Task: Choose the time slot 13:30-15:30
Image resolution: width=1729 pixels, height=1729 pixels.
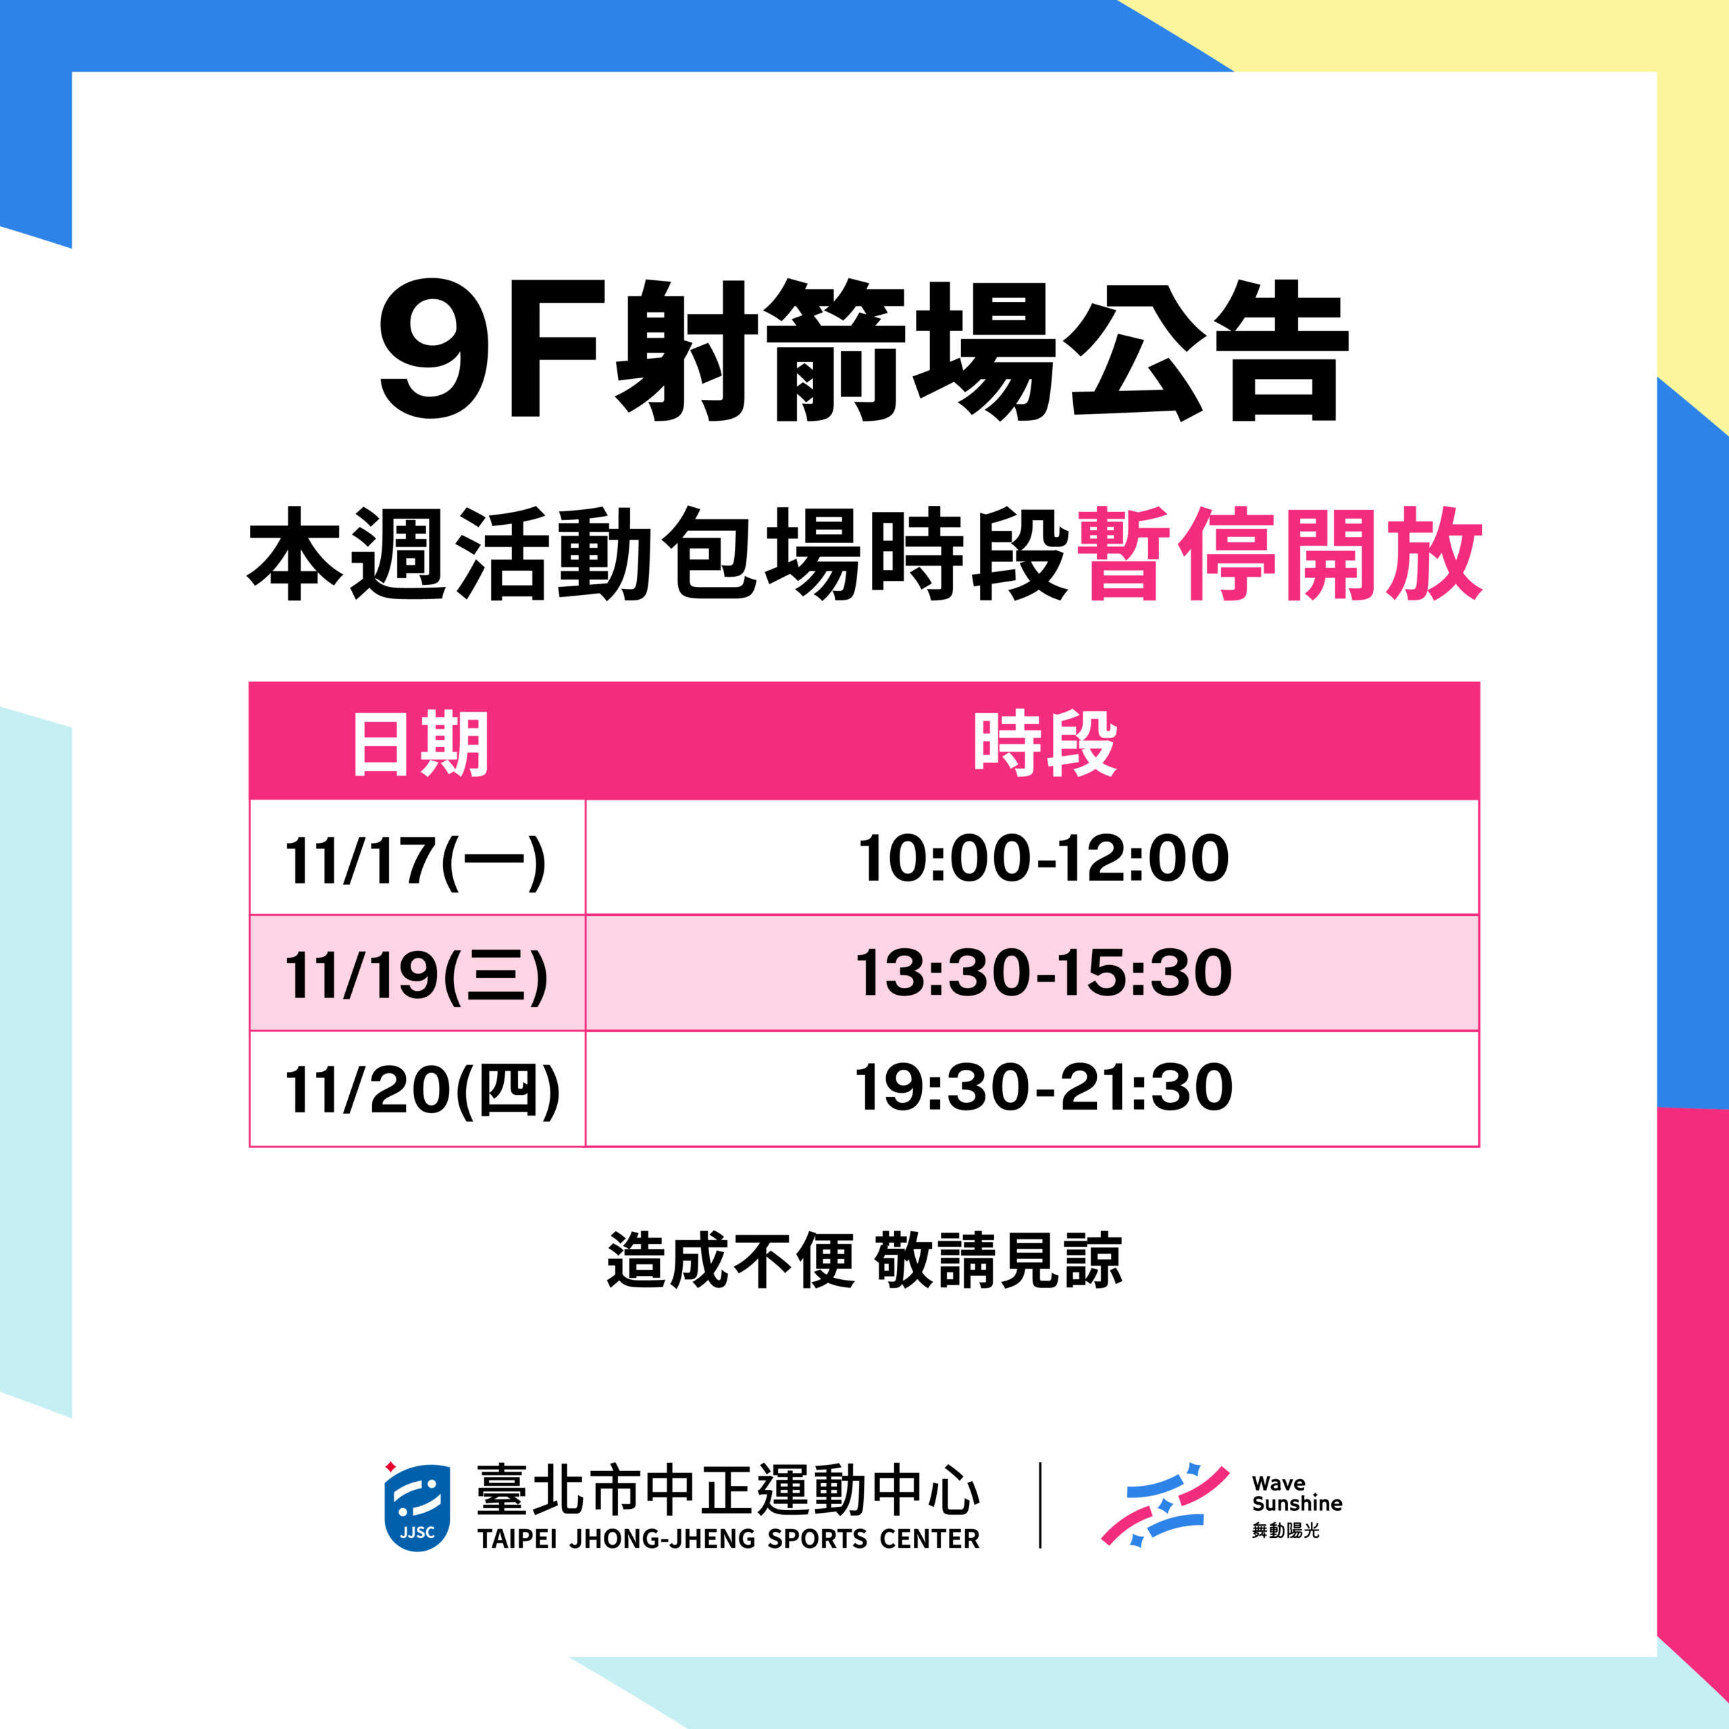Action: pos(1043,973)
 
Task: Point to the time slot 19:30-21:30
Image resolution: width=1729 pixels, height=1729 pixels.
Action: pos(1043,1087)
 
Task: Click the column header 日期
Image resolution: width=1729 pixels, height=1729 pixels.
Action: pos(419,744)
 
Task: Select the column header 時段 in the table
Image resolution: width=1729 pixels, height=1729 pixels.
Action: pos(1044,744)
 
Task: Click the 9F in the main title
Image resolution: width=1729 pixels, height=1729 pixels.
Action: pos(488,349)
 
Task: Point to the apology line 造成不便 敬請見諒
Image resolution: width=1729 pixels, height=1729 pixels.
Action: pos(864,1261)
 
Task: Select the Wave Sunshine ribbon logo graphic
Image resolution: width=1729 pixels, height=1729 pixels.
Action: pos(1164,1505)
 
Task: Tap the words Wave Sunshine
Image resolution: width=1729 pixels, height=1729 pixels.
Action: pos(1297,1493)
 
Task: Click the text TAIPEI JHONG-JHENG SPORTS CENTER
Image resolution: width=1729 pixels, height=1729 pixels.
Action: pos(729,1539)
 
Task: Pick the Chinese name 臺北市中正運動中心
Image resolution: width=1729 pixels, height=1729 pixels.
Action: pos(729,1490)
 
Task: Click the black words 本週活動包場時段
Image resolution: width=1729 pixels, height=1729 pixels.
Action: pos(658,554)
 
